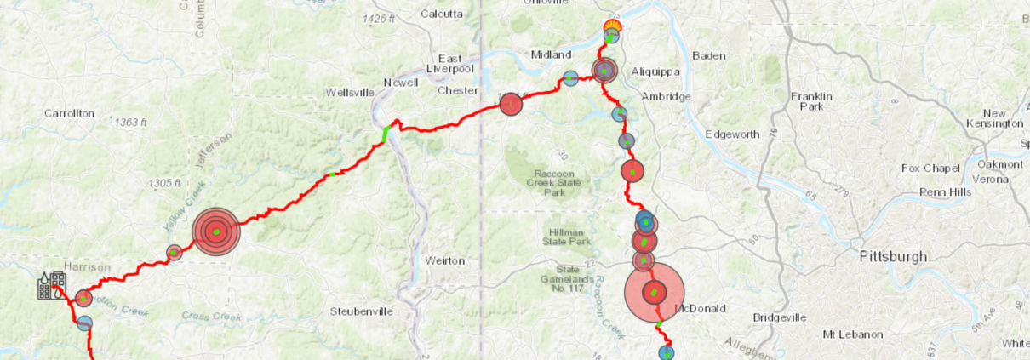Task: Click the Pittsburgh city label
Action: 893,256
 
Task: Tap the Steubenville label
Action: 362,311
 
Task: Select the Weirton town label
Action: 445,260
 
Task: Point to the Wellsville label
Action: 351,92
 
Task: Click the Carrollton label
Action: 69,113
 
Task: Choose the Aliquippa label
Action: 653,72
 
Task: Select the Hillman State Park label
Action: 569,236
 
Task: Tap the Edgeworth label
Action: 733,134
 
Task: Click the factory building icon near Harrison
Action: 51,286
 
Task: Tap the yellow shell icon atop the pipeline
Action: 612,25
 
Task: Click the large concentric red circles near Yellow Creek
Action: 216,231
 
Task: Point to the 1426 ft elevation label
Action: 380,19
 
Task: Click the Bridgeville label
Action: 779,317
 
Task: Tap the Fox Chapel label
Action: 930,168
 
